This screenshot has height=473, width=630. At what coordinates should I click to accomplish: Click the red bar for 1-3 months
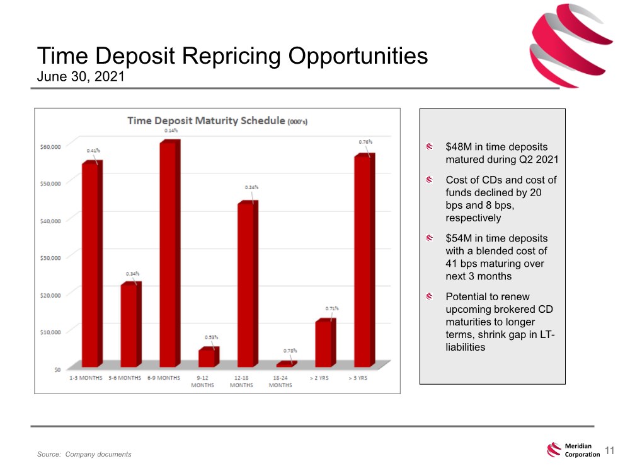click(91, 265)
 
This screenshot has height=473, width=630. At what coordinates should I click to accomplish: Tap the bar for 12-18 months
click(246, 284)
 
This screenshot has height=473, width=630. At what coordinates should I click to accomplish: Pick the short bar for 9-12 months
click(207, 358)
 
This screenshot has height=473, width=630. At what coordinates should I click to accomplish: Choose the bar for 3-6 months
click(130, 325)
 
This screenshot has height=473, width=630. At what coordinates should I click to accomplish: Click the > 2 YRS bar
click(324, 344)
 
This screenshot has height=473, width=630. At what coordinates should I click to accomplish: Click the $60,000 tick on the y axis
click(47, 146)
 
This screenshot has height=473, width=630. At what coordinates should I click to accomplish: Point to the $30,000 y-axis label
click(47, 257)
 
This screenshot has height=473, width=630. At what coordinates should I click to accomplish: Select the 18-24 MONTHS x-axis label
click(280, 382)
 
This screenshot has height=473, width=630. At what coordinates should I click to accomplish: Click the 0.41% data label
click(93, 151)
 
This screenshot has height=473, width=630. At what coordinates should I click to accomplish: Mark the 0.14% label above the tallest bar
click(170, 131)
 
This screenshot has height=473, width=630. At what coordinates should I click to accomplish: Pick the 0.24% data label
click(251, 187)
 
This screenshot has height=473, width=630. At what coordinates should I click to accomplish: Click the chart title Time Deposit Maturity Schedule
click(207, 120)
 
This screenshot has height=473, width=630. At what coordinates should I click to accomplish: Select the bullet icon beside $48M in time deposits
click(429, 147)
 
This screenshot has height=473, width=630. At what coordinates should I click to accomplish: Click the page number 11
click(609, 450)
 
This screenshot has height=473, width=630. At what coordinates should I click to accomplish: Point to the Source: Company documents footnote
click(84, 455)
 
